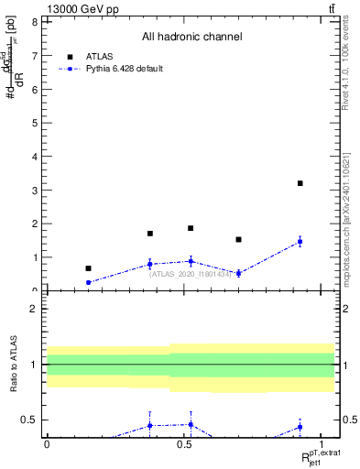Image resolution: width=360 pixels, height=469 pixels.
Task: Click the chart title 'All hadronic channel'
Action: [x=191, y=38]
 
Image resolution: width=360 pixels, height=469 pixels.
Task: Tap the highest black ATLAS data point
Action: [x=300, y=183]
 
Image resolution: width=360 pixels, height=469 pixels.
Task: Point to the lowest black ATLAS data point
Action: [x=88, y=268]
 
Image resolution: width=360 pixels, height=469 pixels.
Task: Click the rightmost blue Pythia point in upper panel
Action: [x=300, y=242]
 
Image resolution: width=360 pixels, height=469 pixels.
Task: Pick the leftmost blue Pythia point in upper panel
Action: [x=88, y=282]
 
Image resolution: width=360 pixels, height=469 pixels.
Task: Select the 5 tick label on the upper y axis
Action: [x=36, y=123]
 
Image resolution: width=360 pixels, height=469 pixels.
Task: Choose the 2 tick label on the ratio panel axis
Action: [x=36, y=309]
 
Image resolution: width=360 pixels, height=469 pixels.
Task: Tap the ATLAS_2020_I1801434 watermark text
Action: [x=191, y=273]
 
